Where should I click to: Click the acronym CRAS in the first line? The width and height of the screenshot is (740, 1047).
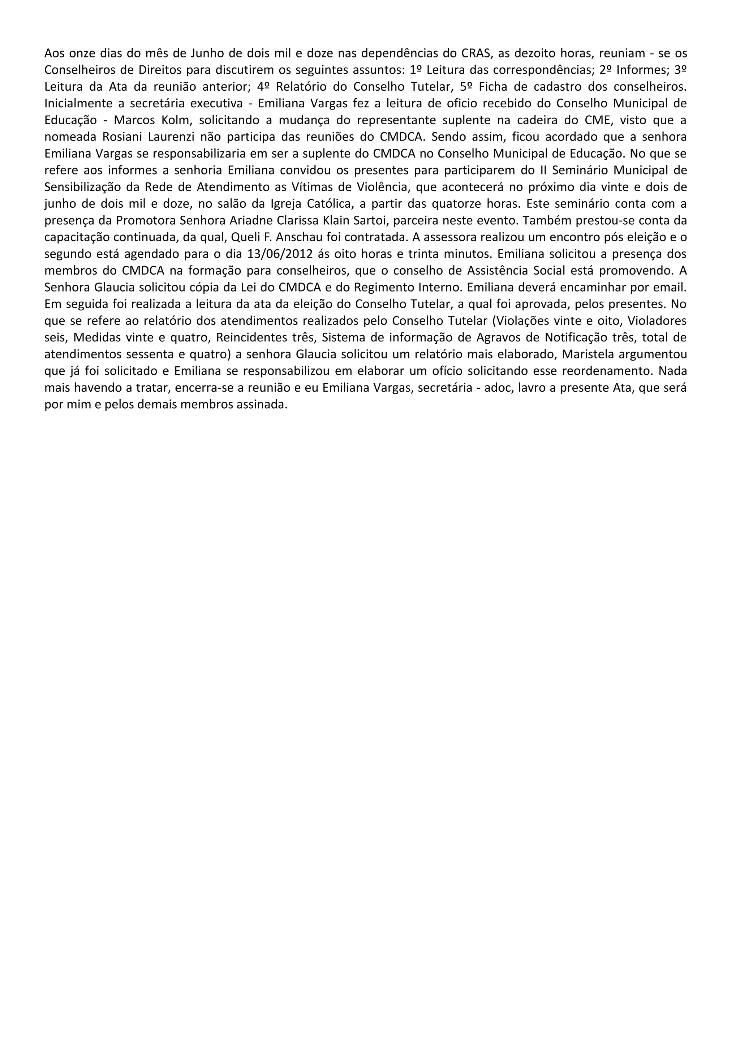[x=477, y=54]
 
